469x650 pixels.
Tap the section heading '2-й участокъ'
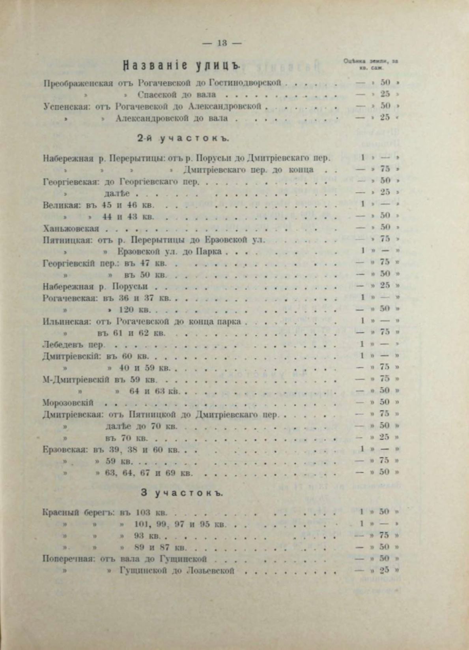coord(183,139)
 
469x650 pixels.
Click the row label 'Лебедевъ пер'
coord(73,344)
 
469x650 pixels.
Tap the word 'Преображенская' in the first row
coord(78,83)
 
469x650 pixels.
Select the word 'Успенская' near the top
coord(67,106)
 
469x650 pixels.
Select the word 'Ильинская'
coord(63,321)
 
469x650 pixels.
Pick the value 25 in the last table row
coord(385,570)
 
